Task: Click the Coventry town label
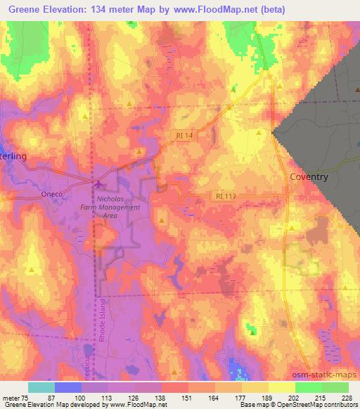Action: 309,177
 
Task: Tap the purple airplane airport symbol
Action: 98,185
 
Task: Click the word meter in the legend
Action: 12,398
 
